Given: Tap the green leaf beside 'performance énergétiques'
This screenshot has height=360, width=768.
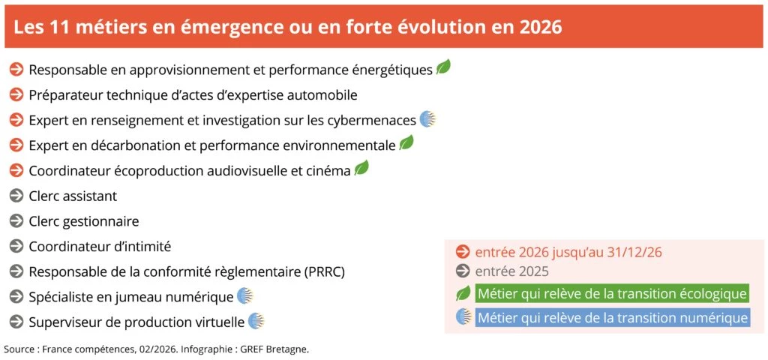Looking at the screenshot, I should (x=443, y=67).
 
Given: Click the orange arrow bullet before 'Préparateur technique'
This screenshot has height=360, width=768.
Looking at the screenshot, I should (x=16, y=94).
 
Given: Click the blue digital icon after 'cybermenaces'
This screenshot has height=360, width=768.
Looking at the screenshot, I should (x=427, y=119).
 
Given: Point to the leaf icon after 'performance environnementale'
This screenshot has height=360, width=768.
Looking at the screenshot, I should (x=406, y=142).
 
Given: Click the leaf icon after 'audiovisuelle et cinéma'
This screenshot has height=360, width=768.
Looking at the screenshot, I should (x=361, y=168).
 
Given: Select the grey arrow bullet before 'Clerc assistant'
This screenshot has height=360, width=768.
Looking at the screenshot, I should (x=16, y=196).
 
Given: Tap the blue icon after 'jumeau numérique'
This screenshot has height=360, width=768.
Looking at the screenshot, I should (x=245, y=295).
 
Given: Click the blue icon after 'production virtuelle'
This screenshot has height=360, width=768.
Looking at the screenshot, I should (x=256, y=321).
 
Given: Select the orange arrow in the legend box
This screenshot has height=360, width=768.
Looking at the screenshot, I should (x=463, y=252).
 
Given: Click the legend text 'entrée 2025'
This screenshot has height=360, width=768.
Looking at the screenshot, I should (x=511, y=271).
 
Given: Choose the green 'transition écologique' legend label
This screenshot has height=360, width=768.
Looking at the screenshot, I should (x=611, y=293).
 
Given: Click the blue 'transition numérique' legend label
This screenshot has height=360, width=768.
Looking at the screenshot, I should (x=612, y=317).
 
